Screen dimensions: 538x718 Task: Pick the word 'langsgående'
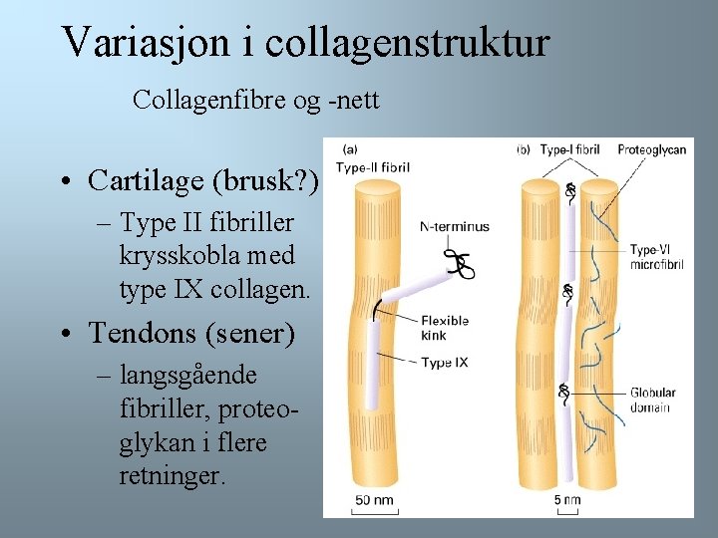[187, 376]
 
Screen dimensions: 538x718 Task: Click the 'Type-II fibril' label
[373, 167]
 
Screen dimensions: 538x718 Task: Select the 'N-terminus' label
[455, 227]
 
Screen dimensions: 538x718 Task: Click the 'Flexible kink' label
[444, 329]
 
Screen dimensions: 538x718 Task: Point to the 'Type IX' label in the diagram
[444, 363]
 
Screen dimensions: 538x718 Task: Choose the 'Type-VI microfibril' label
[655, 257]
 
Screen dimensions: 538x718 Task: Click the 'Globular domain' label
[652, 401]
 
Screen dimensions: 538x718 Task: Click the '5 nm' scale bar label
[566, 499]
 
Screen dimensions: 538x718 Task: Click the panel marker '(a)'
[351, 150]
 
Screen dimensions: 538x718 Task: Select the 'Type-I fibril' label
[569, 150]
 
